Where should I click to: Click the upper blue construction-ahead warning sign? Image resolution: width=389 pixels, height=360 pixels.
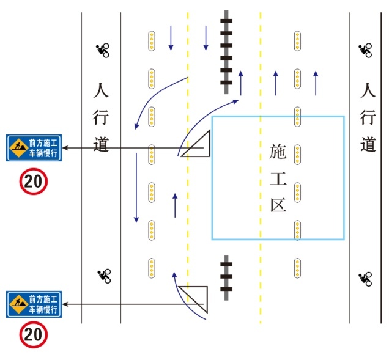tap(34, 148)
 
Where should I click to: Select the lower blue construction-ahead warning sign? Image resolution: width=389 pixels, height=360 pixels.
tap(34, 304)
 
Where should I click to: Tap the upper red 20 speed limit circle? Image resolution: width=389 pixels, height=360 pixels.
tap(34, 182)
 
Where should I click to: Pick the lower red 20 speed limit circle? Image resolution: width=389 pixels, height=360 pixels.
tap(34, 334)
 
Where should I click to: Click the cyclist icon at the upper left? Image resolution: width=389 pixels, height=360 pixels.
tap(103, 50)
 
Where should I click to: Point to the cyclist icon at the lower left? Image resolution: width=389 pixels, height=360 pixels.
tap(104, 276)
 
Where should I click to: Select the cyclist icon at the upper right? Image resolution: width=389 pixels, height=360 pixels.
tap(365, 50)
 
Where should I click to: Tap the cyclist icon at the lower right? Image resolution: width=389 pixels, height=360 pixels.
tap(365, 279)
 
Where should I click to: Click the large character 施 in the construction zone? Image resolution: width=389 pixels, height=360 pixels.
tap(278, 151)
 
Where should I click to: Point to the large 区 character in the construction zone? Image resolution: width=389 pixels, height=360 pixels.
tap(278, 205)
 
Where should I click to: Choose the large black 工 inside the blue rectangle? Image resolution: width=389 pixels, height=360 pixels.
tap(278, 178)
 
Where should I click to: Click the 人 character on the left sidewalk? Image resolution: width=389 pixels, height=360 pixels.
tap(101, 90)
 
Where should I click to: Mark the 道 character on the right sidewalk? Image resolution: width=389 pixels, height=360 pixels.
tap(368, 144)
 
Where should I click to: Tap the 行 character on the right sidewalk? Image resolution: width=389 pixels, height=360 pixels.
tap(368, 117)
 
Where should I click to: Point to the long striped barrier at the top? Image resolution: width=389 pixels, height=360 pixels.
tap(226, 52)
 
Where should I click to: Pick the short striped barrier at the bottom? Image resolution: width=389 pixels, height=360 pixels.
tap(226, 277)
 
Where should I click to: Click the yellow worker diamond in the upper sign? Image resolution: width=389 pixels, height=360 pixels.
tap(19, 147)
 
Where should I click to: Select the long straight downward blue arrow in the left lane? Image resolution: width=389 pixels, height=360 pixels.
tap(136, 188)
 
